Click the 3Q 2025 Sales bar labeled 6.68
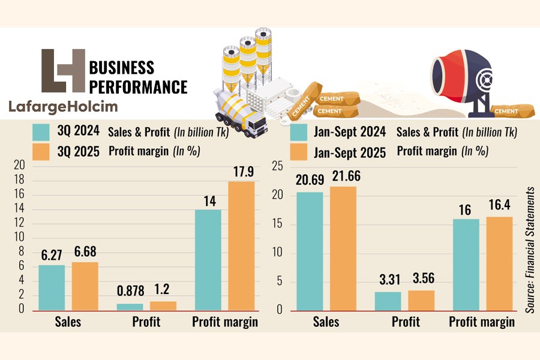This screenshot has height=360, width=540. pos(85,286)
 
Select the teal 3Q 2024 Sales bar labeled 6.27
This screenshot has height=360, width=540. pos(51,287)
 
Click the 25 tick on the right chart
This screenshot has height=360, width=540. pos(277,166)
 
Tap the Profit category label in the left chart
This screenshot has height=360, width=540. pos(146,322)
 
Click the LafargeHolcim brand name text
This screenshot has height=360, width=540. pos(63,107)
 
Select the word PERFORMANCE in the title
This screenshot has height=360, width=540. pos(137,86)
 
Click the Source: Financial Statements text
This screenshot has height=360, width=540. pos(530,249)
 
